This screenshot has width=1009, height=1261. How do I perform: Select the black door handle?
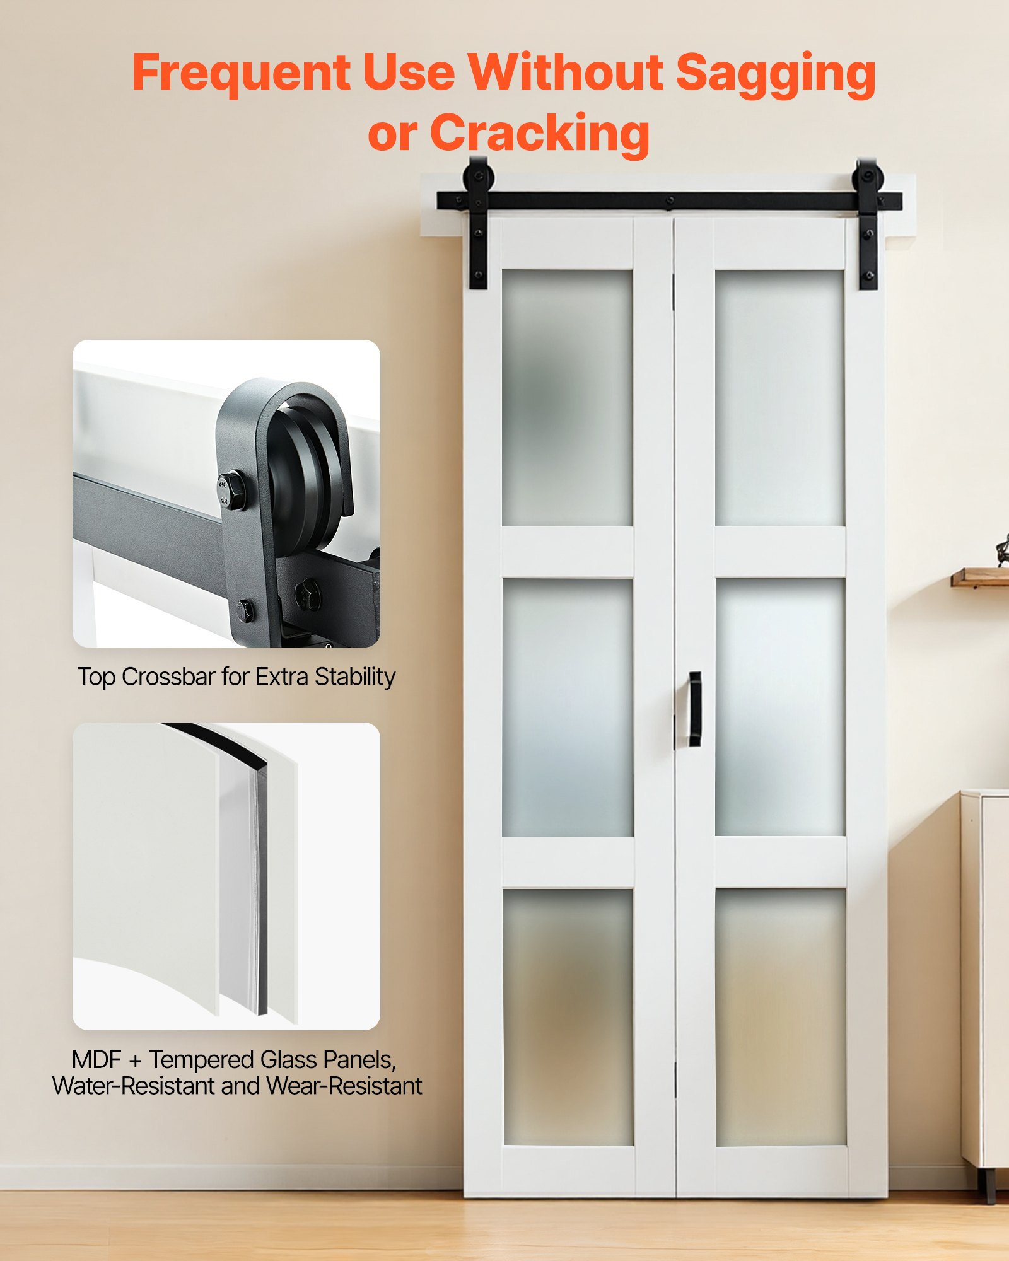pyautogui.click(x=694, y=709)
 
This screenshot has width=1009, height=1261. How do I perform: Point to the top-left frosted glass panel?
pyautogui.click(x=567, y=398)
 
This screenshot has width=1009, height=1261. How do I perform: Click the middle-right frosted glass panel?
pyautogui.click(x=780, y=707)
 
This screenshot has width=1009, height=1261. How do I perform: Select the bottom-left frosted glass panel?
pyautogui.click(x=568, y=1016)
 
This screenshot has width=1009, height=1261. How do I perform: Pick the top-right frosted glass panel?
pyautogui.click(x=779, y=398)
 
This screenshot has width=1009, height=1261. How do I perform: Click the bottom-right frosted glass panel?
pyautogui.click(x=781, y=1016)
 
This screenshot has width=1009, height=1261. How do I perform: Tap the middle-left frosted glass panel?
pyautogui.click(x=568, y=707)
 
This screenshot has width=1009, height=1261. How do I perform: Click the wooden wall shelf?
pyautogui.click(x=981, y=577)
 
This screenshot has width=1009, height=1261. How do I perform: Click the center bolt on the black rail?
pyautogui.click(x=670, y=200)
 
